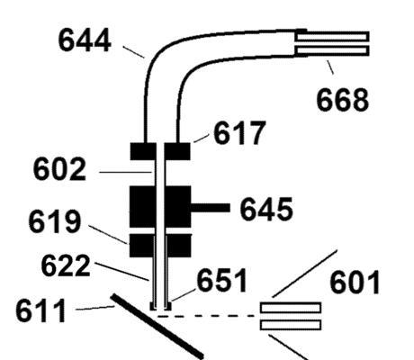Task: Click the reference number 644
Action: point(85,40)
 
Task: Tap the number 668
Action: point(343,100)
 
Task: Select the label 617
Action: point(239,132)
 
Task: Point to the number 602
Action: point(59,169)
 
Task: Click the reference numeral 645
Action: point(266,209)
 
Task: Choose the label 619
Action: point(55,221)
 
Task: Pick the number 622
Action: point(66,265)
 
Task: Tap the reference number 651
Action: point(222,280)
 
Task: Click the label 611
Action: point(40,310)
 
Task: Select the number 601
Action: point(355,283)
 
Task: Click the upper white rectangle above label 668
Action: point(332,36)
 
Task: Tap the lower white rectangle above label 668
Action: point(332,50)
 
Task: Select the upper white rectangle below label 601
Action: point(291,308)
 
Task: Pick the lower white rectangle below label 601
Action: point(291,325)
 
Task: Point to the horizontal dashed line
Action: point(207,316)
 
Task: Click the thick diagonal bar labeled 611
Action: point(157,326)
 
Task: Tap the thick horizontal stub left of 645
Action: point(211,208)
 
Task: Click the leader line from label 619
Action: point(108,234)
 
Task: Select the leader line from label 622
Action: point(121,272)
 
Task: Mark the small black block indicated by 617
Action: point(177,151)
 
